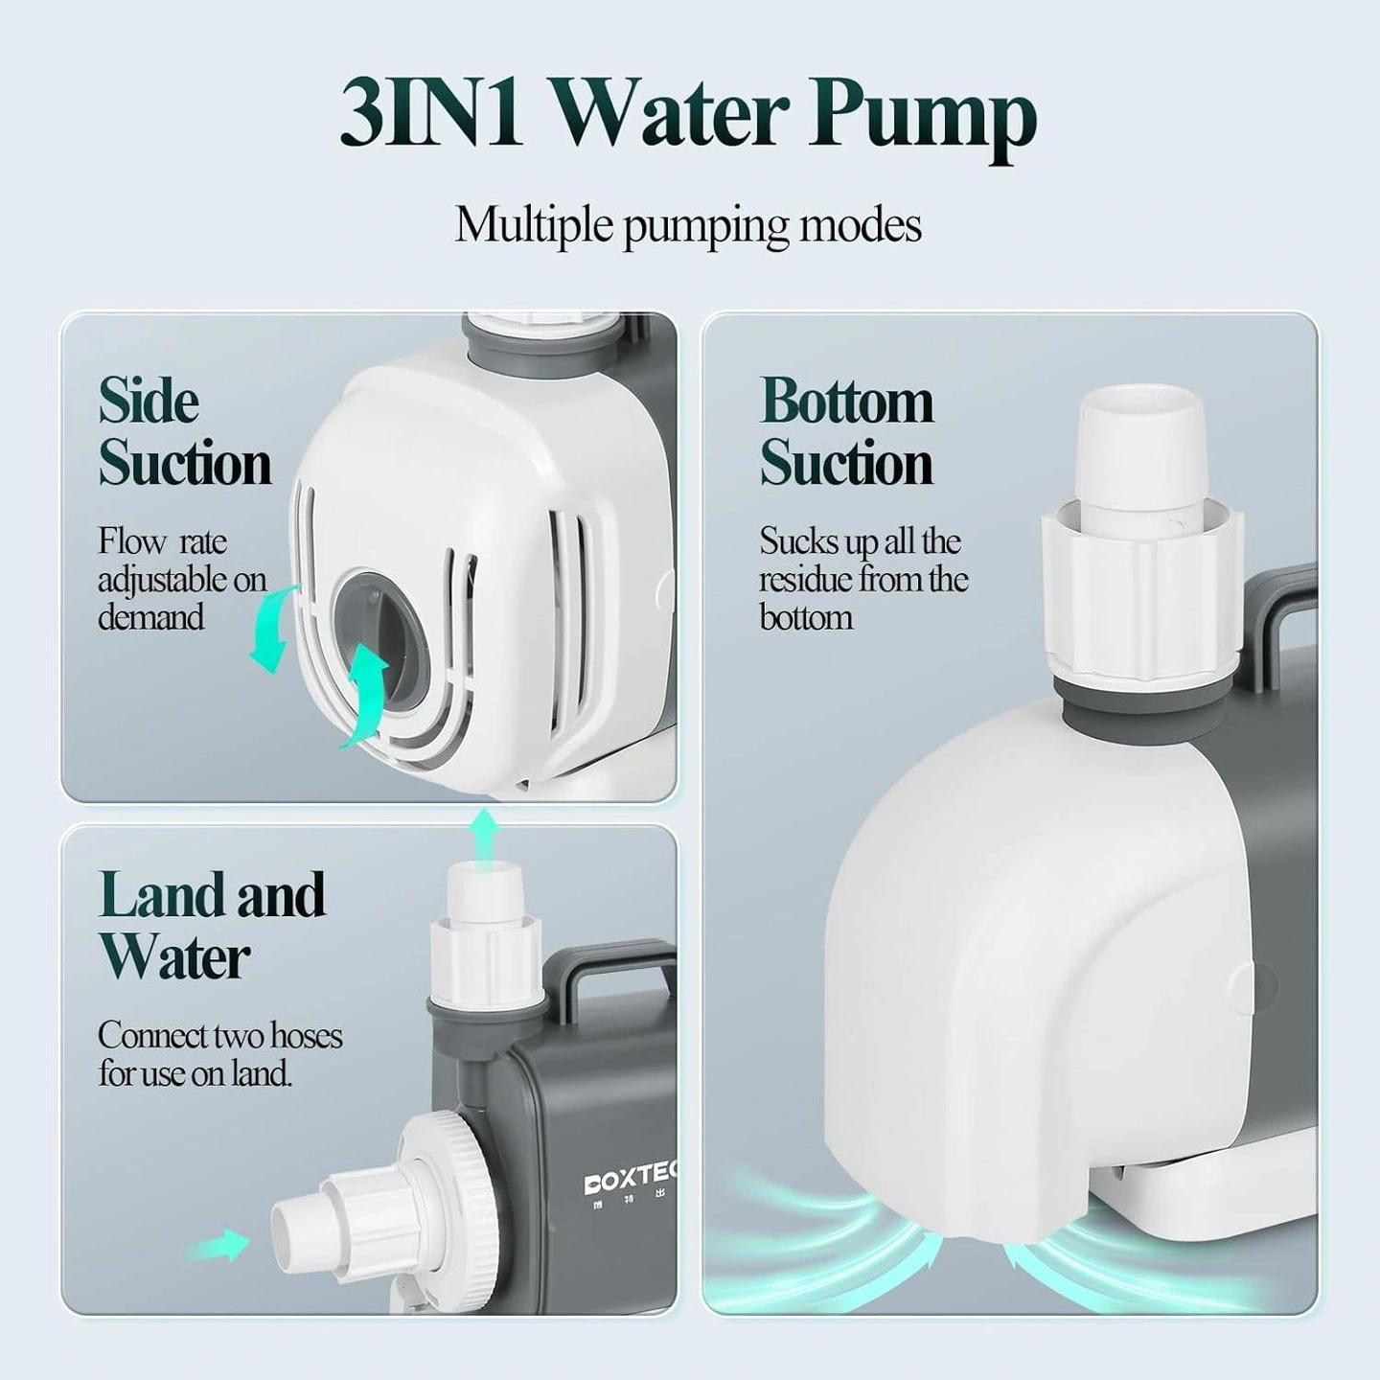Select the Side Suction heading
click(185, 432)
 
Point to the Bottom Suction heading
click(846, 431)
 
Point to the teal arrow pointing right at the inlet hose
click(214, 1246)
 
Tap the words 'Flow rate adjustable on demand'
click(182, 579)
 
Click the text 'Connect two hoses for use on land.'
click(220, 1054)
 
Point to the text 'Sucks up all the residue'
click(862, 560)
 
